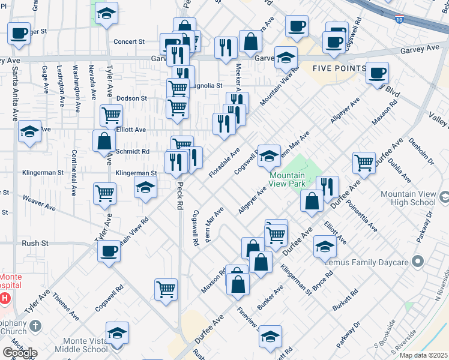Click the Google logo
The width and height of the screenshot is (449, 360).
(x=20, y=353)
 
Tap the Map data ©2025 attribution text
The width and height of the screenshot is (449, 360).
(x=424, y=355)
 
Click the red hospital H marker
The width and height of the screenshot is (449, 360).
(x=5, y=298)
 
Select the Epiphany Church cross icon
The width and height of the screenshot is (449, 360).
(x=35, y=326)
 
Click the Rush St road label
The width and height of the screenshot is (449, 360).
(x=35, y=243)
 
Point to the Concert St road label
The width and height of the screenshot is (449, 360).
(x=130, y=42)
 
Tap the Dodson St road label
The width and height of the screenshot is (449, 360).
(x=131, y=98)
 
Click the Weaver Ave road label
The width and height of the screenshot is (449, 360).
(x=38, y=202)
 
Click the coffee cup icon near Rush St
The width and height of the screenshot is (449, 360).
(x=109, y=251)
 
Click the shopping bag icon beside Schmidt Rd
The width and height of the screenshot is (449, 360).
(x=104, y=141)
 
